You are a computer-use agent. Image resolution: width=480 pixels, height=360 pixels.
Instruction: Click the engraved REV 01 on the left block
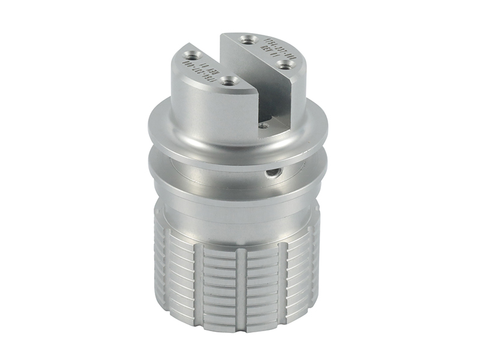click(205, 67)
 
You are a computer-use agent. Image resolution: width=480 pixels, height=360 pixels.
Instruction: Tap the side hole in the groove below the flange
click(274, 173)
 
